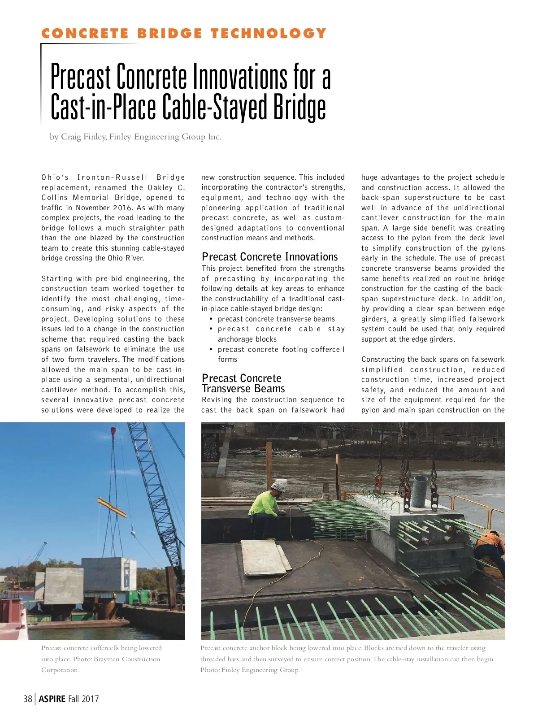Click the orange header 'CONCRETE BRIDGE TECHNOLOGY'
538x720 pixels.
(183, 34)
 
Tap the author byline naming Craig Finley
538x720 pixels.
(135, 137)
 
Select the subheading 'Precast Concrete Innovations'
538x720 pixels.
(269, 257)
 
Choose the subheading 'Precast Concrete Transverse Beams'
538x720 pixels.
(243, 383)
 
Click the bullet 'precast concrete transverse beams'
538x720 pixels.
(276, 319)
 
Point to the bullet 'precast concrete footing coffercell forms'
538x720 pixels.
(281, 354)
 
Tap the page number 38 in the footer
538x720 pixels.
(28, 698)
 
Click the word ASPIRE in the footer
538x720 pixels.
(52, 698)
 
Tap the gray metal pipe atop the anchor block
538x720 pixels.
(420, 490)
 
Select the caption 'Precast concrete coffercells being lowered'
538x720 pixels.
(101, 648)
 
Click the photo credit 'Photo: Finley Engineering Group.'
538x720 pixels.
(250, 670)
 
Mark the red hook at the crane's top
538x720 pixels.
(113, 432)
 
